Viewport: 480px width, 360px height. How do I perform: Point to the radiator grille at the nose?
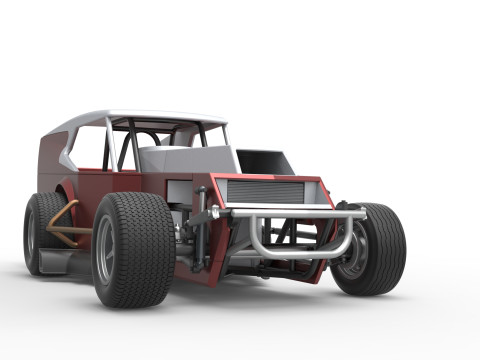[x=264, y=192]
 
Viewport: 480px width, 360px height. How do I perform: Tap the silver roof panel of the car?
[x=150, y=117]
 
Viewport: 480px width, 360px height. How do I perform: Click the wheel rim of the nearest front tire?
[x=106, y=250]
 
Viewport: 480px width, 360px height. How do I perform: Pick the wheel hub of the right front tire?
[x=357, y=250]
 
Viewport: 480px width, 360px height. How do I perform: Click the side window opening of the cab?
[x=90, y=147]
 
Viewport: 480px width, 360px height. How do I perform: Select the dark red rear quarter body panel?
[x=50, y=160]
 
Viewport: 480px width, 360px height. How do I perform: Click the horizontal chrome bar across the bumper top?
[x=290, y=212]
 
